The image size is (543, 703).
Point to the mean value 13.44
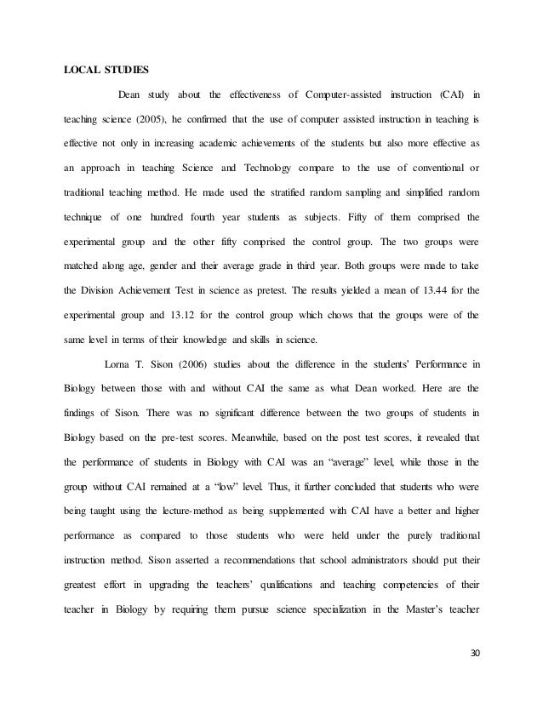426,291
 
